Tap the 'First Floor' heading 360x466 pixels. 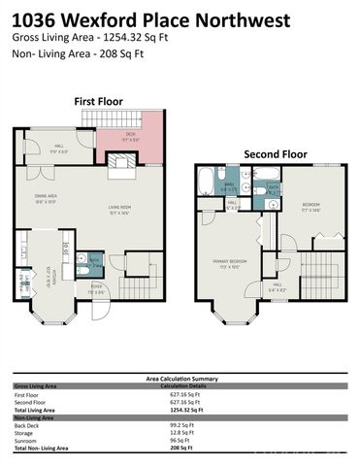click(x=99, y=100)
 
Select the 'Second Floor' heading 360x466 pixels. click(x=275, y=153)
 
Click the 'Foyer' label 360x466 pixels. click(x=96, y=288)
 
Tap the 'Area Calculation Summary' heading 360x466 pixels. click(x=180, y=378)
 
